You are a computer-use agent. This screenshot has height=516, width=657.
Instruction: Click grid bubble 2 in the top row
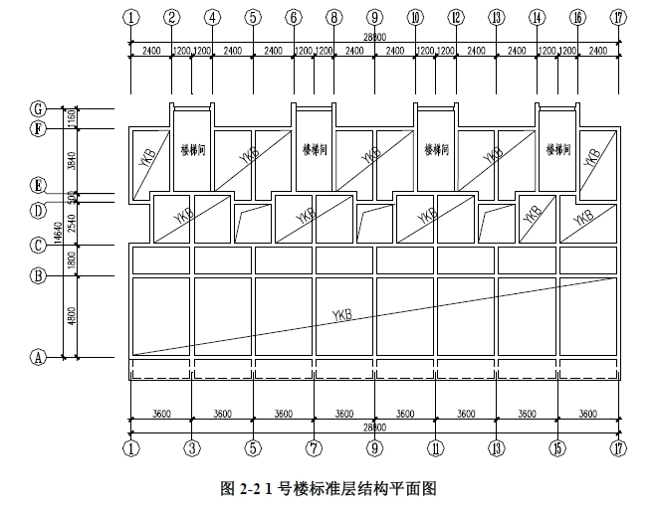(x=172, y=17)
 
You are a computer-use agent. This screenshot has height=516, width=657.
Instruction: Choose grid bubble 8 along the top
(x=334, y=17)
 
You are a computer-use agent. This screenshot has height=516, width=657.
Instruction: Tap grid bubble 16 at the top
(x=578, y=17)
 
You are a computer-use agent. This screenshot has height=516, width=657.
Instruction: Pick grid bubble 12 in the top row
(x=456, y=17)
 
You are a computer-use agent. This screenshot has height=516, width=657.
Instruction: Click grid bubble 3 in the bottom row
(x=192, y=448)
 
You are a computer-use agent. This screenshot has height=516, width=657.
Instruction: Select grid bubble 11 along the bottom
(x=435, y=448)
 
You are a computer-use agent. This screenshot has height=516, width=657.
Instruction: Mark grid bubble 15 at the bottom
(x=557, y=448)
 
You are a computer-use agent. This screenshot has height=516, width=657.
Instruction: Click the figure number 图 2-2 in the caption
(x=236, y=488)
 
